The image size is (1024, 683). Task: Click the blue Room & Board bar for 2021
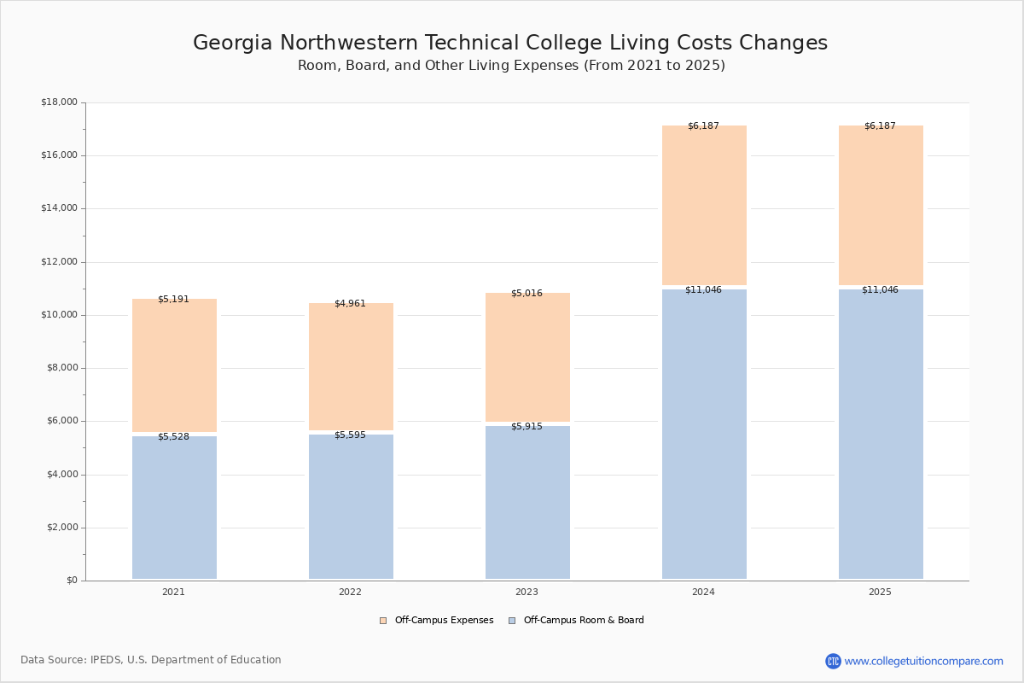point(174,508)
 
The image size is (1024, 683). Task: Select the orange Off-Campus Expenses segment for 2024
point(704,205)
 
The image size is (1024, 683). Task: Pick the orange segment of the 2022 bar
point(351,367)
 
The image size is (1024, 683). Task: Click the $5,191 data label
point(173,300)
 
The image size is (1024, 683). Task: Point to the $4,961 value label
point(350,304)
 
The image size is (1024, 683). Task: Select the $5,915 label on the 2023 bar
point(527,426)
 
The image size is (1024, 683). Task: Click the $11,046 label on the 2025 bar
point(880,290)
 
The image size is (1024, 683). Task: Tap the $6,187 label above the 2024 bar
point(703,126)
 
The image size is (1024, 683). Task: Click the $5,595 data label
point(350,435)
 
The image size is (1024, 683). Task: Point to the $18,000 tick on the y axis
point(59,102)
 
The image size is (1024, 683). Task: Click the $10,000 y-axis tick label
point(59,315)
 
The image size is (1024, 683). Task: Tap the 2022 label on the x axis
point(350,592)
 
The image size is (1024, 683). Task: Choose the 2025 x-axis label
point(880,592)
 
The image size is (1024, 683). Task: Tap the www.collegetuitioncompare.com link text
point(923,661)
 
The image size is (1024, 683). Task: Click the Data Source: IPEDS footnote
point(151,660)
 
